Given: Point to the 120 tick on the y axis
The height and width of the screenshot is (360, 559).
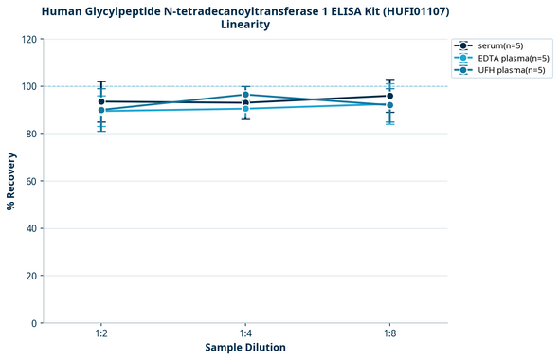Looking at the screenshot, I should pyautogui.click(x=29, y=39).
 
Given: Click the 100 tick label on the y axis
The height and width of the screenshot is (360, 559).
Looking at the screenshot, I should pyautogui.click(x=29, y=86).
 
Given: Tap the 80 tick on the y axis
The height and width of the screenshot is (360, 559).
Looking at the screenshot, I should pyautogui.click(x=32, y=134).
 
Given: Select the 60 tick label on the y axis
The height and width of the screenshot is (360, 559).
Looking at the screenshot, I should pyautogui.click(x=32, y=181).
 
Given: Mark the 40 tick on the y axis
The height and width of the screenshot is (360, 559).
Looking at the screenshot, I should pyautogui.click(x=32, y=228).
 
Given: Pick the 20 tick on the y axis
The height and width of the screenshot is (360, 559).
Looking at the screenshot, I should pyautogui.click(x=32, y=276).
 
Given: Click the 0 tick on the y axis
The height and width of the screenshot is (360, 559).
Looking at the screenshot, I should pyautogui.click(x=35, y=323).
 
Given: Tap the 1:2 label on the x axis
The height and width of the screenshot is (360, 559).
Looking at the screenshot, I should pyautogui.click(x=101, y=334).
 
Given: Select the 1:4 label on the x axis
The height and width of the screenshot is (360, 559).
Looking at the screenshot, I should pyautogui.click(x=245, y=334).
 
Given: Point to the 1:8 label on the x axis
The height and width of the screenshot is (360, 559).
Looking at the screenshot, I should pyautogui.click(x=389, y=334).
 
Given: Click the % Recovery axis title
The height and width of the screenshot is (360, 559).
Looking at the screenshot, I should pyautogui.click(x=11, y=181).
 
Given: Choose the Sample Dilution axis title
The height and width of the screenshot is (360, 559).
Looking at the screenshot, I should pyautogui.click(x=245, y=348).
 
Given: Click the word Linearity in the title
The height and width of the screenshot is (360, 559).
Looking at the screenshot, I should pyautogui.click(x=245, y=25).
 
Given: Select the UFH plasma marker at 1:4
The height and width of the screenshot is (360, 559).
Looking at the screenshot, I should pyautogui.click(x=245, y=95).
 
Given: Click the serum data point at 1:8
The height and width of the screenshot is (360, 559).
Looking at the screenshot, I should pyautogui.click(x=389, y=96).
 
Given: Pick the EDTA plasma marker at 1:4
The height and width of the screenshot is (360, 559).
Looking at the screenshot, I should pyautogui.click(x=245, y=109).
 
